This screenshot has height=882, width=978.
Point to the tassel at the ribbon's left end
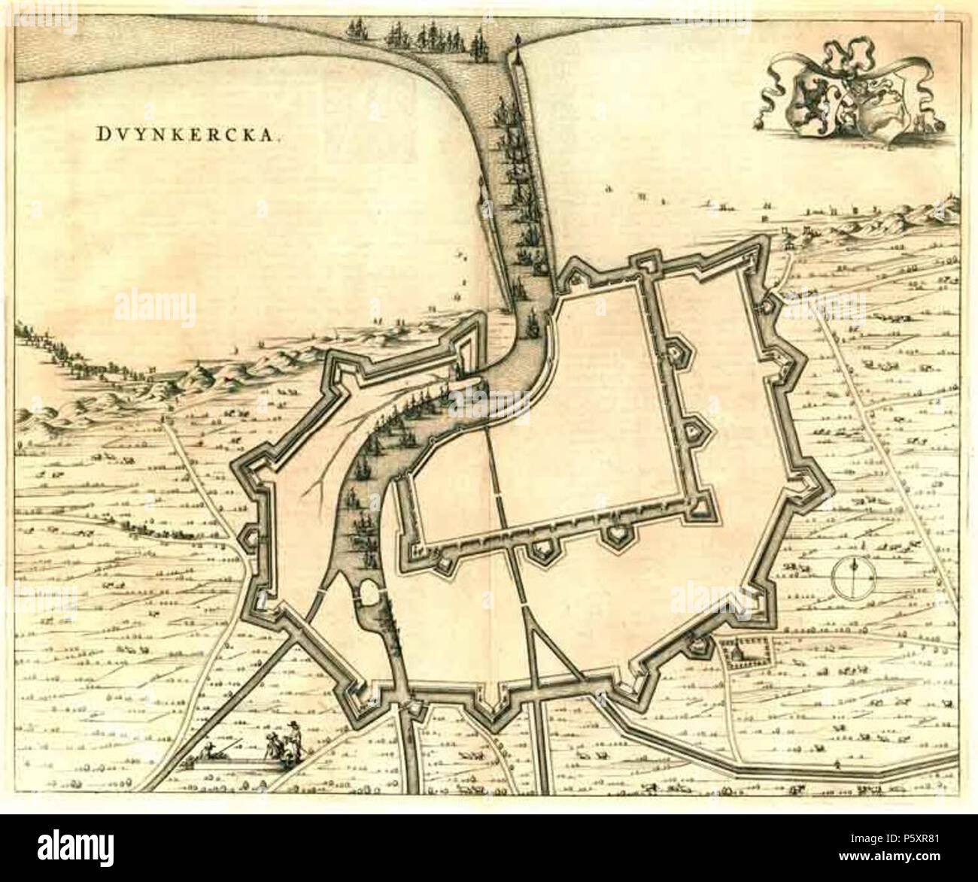pos(759,120)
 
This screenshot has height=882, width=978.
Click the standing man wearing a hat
pos(294,733)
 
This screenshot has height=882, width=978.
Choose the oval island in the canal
pos(370,595)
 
